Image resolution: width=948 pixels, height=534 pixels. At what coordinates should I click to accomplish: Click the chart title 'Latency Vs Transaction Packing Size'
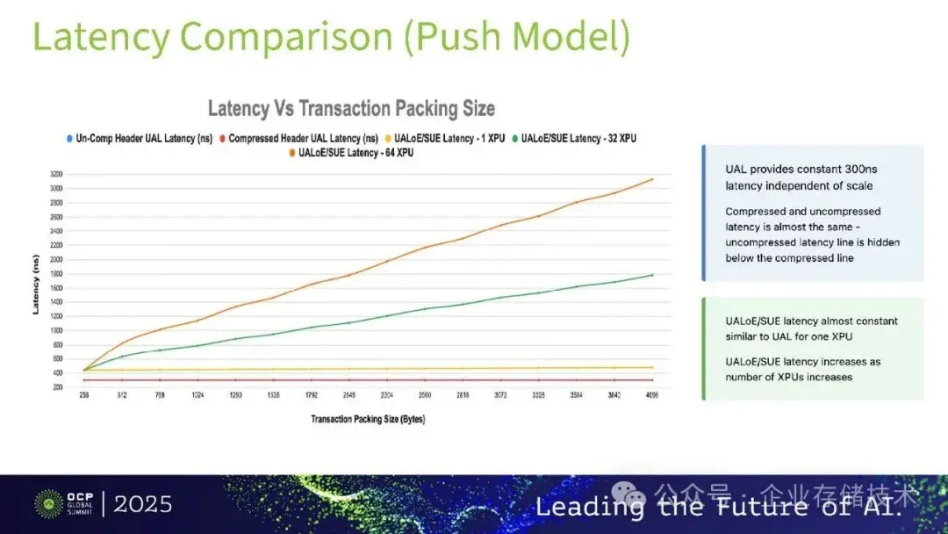[351, 108]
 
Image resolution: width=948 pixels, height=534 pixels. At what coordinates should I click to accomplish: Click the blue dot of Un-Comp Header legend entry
[69, 139]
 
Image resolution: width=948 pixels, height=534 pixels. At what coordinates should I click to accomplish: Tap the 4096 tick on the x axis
[651, 395]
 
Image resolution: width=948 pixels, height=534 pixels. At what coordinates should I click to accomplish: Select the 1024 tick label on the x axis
[198, 395]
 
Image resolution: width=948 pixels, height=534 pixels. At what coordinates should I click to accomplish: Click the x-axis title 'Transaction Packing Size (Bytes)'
[367, 419]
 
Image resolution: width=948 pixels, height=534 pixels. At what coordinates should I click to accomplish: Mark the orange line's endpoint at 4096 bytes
[652, 179]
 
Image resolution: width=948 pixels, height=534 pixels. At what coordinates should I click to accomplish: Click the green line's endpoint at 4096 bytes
[652, 275]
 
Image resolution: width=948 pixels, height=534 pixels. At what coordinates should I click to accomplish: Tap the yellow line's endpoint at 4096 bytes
[652, 367]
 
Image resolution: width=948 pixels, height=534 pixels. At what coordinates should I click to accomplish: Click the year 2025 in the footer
[143, 504]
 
